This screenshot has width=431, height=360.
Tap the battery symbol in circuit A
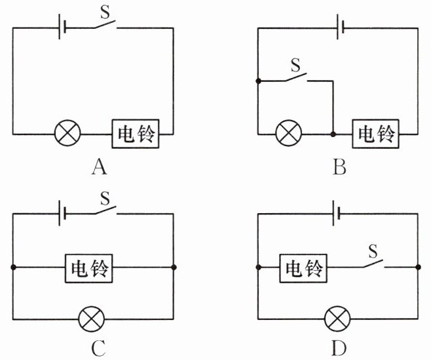(x=61, y=28)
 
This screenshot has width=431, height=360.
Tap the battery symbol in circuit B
(x=340, y=28)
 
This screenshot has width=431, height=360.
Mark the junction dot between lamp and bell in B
(x=333, y=134)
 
